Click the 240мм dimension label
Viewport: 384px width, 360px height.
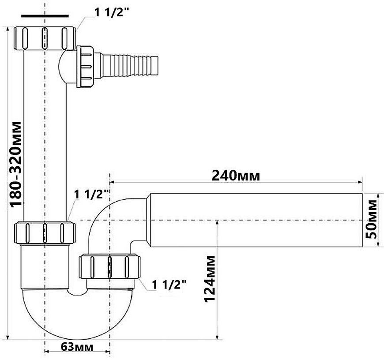[236, 176]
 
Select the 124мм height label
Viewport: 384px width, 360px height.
[210, 279]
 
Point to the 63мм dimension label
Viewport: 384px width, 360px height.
[77, 347]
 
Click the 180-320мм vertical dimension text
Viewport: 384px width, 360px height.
[16, 164]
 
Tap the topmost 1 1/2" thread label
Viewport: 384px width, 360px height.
[112, 12]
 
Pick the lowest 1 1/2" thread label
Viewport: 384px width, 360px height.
[169, 285]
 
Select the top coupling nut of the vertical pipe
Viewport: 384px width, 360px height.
[45, 38]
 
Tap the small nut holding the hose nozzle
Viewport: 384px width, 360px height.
[85, 66]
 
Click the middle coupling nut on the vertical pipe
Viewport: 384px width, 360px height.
[45, 232]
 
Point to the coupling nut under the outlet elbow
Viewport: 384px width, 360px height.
[110, 267]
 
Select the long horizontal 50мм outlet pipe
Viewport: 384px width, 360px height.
[256, 220]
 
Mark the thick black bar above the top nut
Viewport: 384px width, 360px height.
[45, 16]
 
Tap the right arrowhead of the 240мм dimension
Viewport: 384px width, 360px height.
[360, 182]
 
